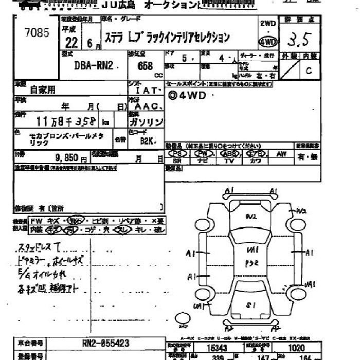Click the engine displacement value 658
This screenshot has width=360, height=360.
click(x=145, y=66)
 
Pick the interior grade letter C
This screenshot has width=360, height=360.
click(x=309, y=71)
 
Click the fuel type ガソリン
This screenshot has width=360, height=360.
click(x=146, y=122)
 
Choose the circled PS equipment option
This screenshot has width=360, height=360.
click(x=178, y=153)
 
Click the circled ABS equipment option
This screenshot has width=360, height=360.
click(x=229, y=153)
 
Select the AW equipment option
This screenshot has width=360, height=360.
click(x=281, y=153)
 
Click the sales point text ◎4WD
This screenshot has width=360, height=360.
click(x=193, y=95)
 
